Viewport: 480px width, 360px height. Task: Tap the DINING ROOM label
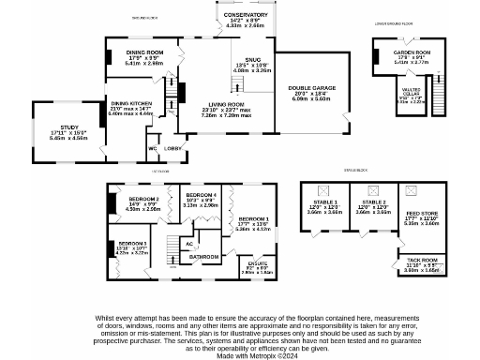pos(145,52)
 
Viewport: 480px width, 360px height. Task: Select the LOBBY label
pos(174,148)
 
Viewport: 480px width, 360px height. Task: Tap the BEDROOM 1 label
pos(253,217)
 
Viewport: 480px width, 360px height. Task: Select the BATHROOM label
pos(204,256)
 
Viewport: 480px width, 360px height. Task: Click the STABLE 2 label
pos(374,202)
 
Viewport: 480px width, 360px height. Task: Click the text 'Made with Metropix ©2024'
pos(240,354)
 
